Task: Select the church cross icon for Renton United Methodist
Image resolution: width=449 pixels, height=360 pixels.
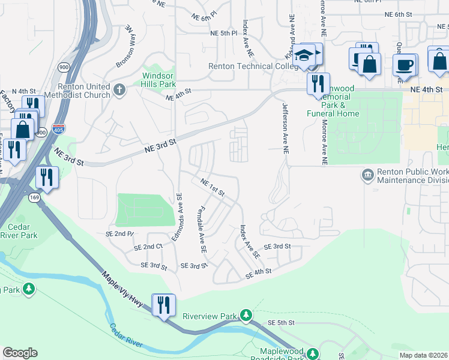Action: (x=119, y=91)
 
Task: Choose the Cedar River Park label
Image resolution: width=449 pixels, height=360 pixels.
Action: (x=23, y=231)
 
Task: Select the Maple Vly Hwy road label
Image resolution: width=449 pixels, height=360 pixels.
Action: (x=122, y=287)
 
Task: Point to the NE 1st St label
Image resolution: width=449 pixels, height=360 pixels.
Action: (x=212, y=188)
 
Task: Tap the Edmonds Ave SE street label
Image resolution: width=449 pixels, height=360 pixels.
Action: (x=176, y=217)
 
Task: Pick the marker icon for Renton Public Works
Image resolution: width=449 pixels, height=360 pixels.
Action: (x=367, y=175)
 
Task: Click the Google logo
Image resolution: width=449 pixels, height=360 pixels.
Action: (x=20, y=353)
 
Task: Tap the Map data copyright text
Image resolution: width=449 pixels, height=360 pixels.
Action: (x=424, y=355)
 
